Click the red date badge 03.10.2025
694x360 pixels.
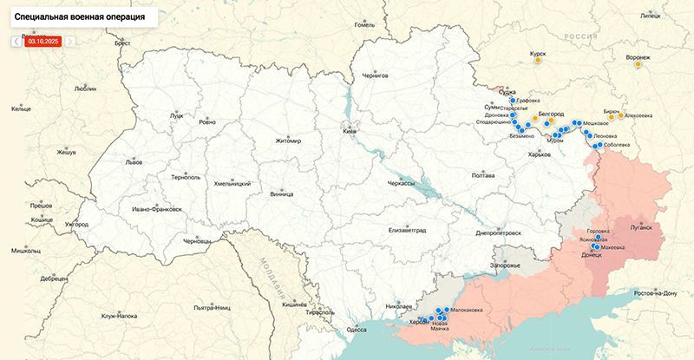[x=43, y=41]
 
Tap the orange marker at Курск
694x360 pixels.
[x=539, y=61]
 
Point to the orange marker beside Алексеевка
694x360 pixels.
[x=621, y=115]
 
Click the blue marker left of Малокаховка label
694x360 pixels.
[x=447, y=310]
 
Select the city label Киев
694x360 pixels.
[x=350, y=131]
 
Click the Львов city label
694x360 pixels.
[x=109, y=162]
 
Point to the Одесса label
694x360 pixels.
[x=356, y=330]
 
